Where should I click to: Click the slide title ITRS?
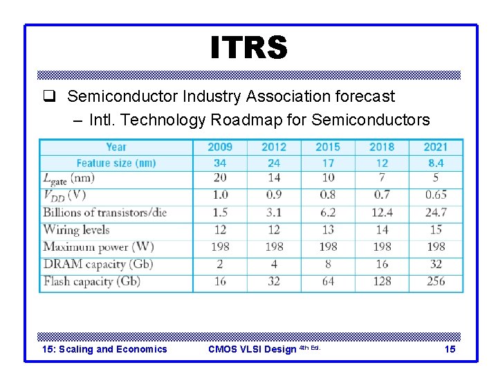[248, 48]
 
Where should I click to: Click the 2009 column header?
[220, 147]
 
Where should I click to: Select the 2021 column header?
[436, 147]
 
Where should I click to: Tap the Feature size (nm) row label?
[116, 163]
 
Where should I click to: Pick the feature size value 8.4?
[436, 163]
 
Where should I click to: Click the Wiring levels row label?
[76, 229]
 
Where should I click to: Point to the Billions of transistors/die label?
[105, 212]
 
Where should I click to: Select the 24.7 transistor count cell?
[436, 212]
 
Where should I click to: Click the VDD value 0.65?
[436, 195]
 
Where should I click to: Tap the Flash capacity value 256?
[436, 281]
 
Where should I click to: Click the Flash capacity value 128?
[382, 281]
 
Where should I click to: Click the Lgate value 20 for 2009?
[220, 178]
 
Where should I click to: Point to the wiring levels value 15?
[436, 229]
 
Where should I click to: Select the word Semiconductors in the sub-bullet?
[371, 120]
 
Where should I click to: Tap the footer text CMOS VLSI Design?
[252, 349]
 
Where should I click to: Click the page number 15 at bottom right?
[450, 349]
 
